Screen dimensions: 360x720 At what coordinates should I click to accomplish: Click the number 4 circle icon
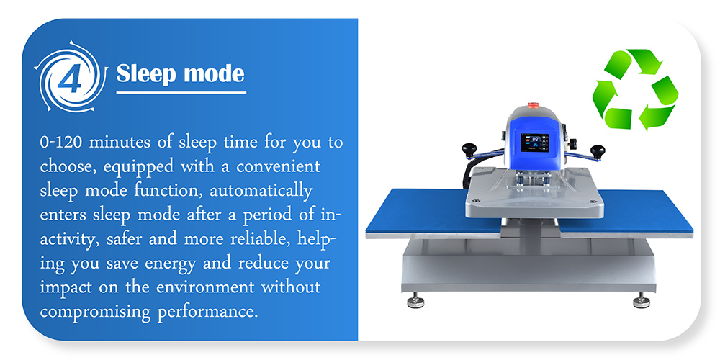point(69,78)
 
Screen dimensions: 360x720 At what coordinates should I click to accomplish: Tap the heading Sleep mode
point(180,73)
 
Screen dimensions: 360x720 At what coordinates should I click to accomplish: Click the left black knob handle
point(471,150)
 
